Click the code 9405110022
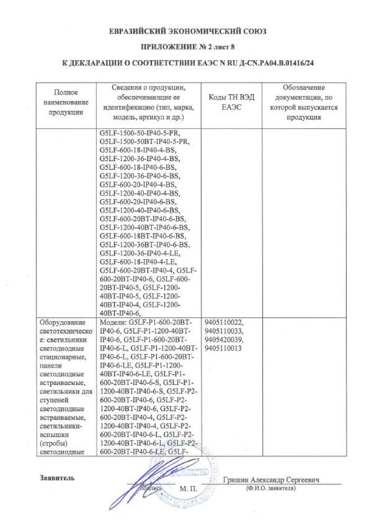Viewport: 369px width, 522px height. click(x=224, y=322)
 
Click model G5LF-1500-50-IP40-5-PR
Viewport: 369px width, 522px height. click(x=148, y=132)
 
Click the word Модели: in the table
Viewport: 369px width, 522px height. click(x=113, y=322)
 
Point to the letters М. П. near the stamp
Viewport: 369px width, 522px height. click(x=188, y=489)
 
